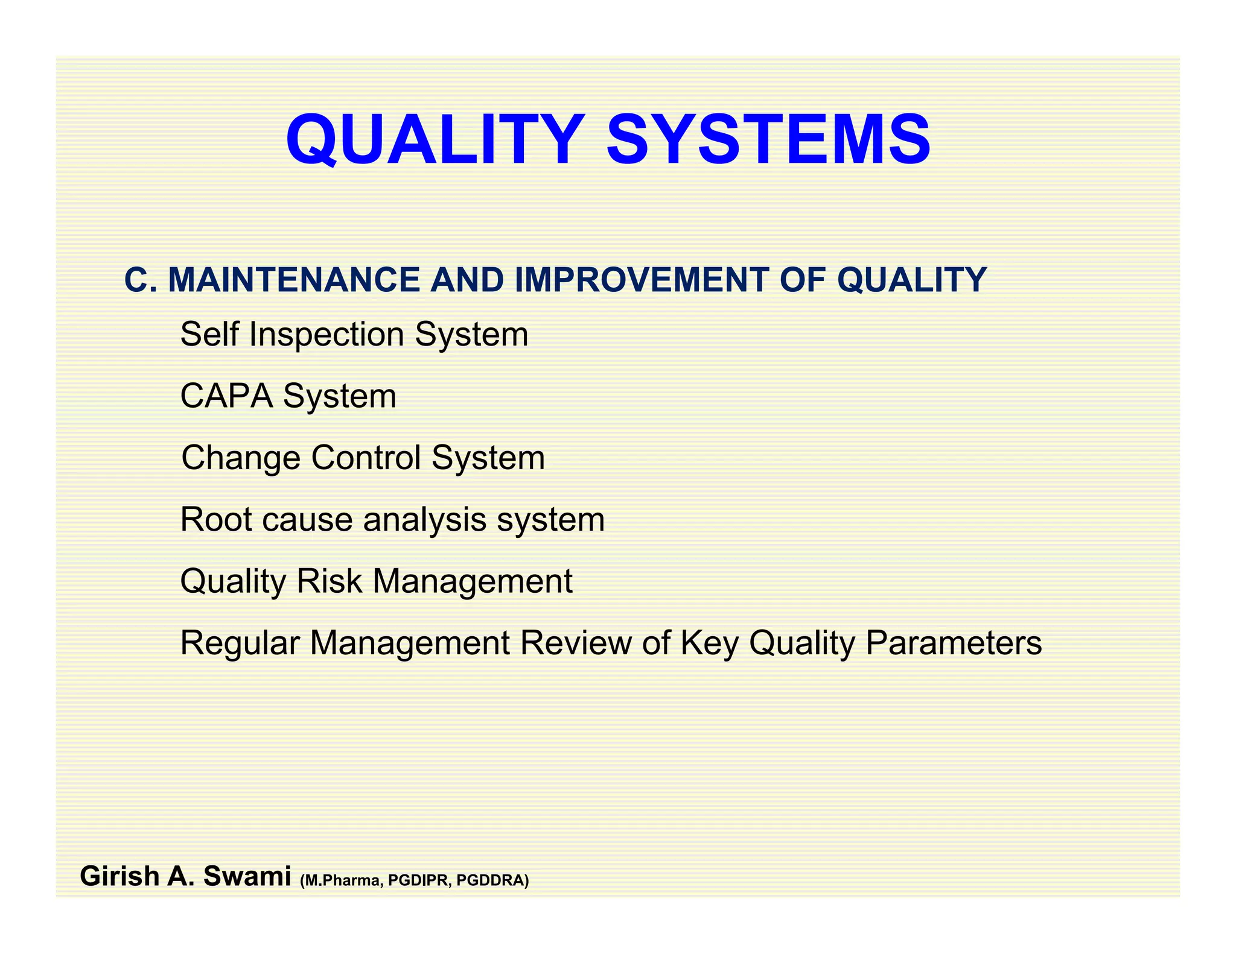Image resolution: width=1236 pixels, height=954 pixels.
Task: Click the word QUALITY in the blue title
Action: [x=435, y=140]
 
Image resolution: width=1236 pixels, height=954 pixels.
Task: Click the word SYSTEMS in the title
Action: [x=768, y=140]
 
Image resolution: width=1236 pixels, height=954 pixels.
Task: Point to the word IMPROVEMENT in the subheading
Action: [x=641, y=280]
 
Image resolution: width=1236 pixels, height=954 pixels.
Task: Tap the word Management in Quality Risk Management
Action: [x=472, y=583]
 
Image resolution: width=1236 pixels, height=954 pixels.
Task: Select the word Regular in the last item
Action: [x=240, y=643]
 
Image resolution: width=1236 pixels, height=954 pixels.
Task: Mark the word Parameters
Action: [x=953, y=643]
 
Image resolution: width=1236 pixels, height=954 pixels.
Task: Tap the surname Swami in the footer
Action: [x=247, y=877]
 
